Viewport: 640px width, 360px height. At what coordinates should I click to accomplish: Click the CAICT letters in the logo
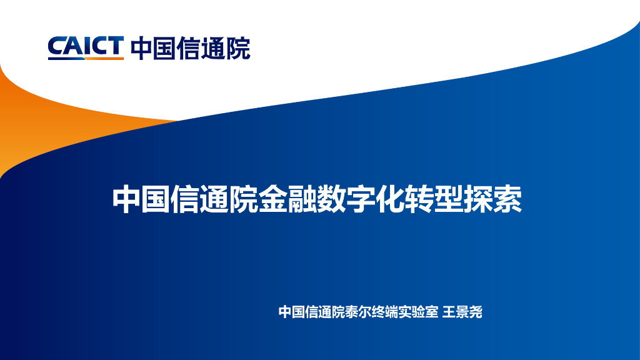pos(86,46)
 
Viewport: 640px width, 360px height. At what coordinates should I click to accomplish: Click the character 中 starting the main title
pos(126,199)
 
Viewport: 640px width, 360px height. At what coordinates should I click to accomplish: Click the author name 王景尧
pos(462,312)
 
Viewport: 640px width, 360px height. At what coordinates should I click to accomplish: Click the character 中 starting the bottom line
pos(285,312)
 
